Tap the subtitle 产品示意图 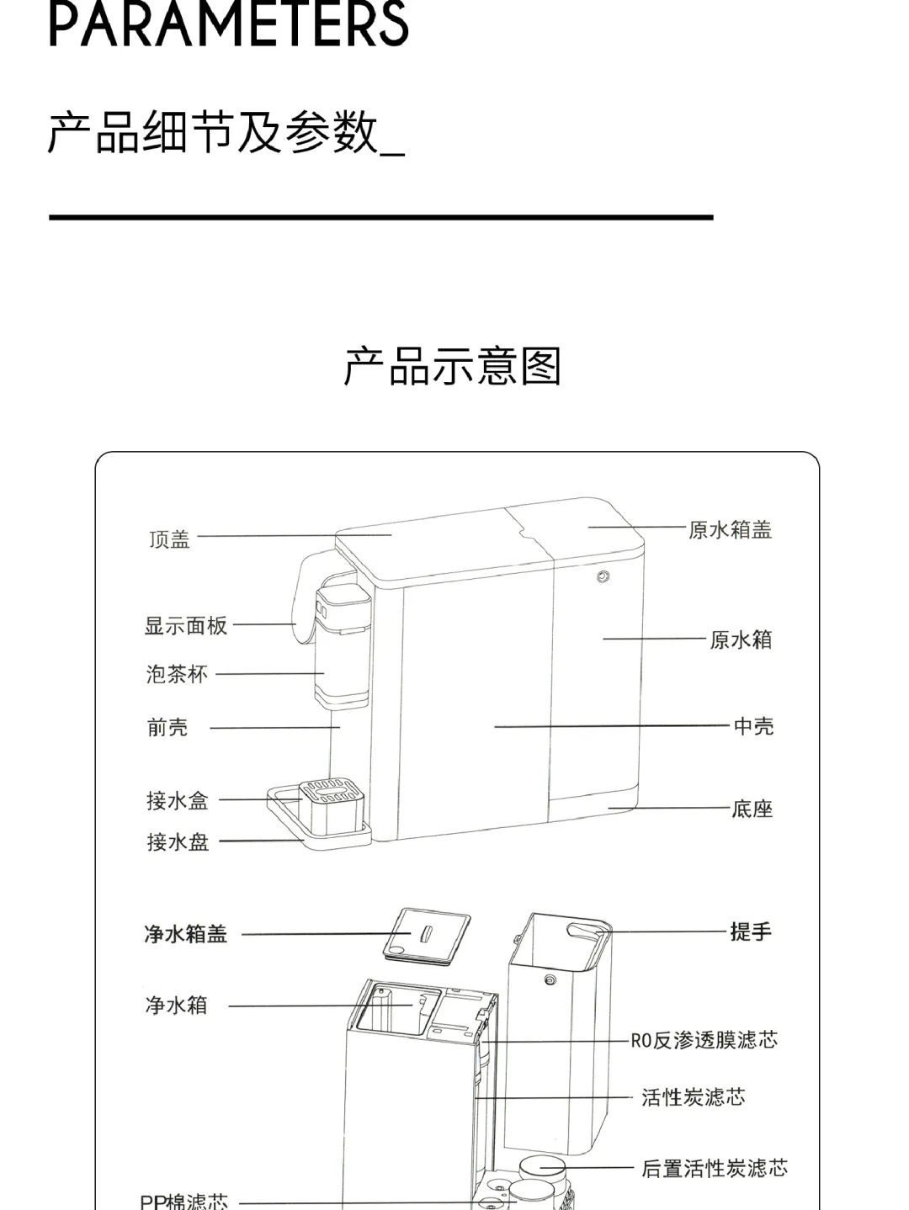tap(452, 367)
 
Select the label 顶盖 tap(170, 539)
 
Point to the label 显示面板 tap(186, 625)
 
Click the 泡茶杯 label tap(177, 674)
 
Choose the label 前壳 tap(167, 727)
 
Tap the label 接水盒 tap(178, 800)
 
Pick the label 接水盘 tap(178, 841)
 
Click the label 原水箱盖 tap(730, 529)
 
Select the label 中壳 tap(753, 725)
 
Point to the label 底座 tap(752, 809)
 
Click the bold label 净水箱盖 tap(186, 934)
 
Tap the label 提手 tap(751, 931)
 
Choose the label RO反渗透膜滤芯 tap(704, 1040)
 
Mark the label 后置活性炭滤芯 tap(715, 1168)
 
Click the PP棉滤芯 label tap(183, 1201)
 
